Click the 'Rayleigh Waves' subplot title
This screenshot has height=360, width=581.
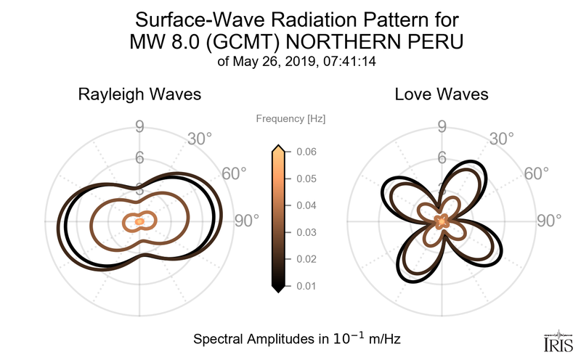point(140,95)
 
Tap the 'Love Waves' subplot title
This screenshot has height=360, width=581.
point(441,95)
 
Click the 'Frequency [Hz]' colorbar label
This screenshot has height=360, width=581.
point(290,118)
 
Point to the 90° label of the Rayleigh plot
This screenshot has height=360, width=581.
point(248,221)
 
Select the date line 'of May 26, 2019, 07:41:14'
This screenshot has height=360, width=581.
point(290,62)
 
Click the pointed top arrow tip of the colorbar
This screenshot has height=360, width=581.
point(277,148)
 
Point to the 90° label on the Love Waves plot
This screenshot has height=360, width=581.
point(550,221)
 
